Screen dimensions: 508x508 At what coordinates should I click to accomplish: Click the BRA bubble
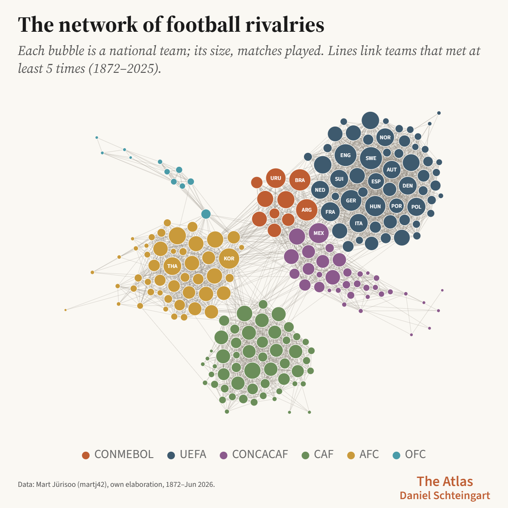[x=300, y=180]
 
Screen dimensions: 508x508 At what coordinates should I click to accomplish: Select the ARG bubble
[x=306, y=210]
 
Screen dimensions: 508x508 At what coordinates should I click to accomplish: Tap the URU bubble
[x=276, y=178]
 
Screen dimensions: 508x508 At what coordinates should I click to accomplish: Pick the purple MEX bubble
[x=318, y=233]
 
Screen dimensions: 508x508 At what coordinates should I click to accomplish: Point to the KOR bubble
[x=229, y=258]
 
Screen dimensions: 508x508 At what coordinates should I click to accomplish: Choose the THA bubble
[x=172, y=266]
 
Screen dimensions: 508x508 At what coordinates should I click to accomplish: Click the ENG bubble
[x=345, y=155]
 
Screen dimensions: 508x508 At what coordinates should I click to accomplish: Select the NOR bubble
[x=385, y=137]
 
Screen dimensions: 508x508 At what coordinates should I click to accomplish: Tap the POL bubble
[x=416, y=207]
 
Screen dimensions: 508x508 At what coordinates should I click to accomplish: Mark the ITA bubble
[x=359, y=223]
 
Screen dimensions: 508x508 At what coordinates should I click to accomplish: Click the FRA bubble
[x=330, y=212]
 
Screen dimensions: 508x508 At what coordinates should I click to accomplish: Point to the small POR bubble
[x=397, y=206]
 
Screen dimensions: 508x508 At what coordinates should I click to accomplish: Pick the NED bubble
[x=320, y=190]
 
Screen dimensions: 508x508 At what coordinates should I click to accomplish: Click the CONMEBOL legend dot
[x=86, y=455]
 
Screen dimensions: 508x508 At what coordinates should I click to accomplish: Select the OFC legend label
[x=415, y=455]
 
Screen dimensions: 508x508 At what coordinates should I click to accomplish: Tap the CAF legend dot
[x=305, y=455]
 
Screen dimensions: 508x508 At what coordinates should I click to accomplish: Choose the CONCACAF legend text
[x=260, y=455]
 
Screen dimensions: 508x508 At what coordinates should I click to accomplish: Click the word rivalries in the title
[x=285, y=25]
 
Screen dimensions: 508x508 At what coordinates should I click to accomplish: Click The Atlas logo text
[x=445, y=482]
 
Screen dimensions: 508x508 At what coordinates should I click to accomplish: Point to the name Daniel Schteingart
[x=445, y=496]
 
